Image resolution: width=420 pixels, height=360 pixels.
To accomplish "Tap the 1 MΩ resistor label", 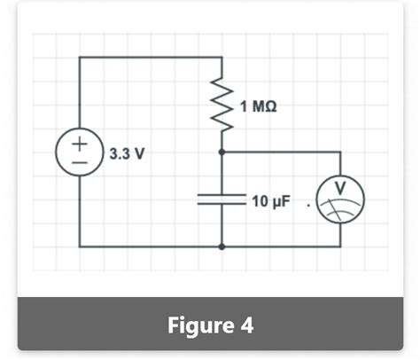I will (258, 106).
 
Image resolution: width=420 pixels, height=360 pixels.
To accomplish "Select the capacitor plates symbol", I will (221, 200).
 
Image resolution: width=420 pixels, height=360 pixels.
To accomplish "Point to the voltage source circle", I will (80, 153).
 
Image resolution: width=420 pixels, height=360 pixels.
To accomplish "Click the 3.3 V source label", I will (128, 153).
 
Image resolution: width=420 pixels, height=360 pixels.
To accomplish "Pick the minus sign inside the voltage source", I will (80, 163).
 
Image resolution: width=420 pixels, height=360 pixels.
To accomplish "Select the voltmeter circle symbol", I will (340, 200).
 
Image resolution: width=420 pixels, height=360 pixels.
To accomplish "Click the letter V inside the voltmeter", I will (340, 189).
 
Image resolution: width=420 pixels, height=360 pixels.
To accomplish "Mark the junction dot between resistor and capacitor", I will (221, 153).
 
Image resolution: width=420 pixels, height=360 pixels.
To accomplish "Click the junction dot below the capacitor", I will (221, 247).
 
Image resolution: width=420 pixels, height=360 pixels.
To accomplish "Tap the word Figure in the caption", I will (197, 325).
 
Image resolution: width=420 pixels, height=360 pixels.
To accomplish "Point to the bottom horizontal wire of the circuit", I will (151, 247).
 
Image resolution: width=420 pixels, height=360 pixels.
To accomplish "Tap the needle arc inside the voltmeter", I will (340, 207).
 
